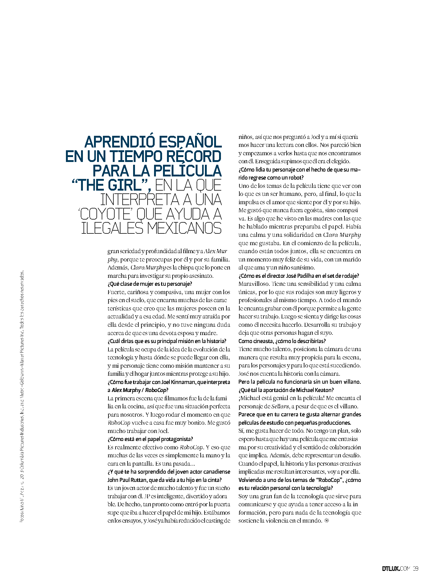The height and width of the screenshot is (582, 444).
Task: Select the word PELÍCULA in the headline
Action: tap(187, 171)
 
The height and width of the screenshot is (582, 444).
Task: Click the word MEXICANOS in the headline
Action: tap(184, 228)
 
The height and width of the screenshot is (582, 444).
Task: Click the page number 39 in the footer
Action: tap(415, 568)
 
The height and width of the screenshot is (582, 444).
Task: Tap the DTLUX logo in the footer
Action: tap(391, 568)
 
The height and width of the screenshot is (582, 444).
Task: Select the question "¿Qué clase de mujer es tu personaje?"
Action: tap(150, 284)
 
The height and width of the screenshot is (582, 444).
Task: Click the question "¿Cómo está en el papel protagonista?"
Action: tap(150, 439)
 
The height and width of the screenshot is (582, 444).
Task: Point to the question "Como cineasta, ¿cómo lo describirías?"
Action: tap(282, 341)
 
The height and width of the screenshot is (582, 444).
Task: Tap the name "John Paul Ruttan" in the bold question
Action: tap(127, 480)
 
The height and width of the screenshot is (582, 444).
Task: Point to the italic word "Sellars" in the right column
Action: tap(280, 406)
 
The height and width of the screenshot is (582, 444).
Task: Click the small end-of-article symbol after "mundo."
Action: tap(327, 521)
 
